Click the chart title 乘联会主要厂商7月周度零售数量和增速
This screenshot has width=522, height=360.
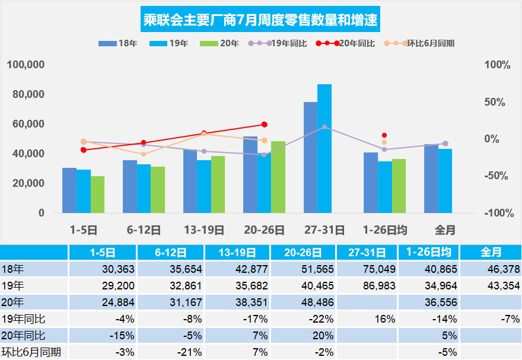pyautogui.click(x=261, y=21)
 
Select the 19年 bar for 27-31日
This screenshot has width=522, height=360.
pyautogui.click(x=324, y=148)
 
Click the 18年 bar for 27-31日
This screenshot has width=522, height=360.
pyautogui.click(x=310, y=157)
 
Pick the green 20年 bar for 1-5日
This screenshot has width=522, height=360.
pyautogui.click(x=97, y=195)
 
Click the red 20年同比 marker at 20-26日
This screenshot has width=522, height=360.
pyautogui.click(x=264, y=125)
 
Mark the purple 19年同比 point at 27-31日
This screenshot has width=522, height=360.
pyautogui.click(x=324, y=127)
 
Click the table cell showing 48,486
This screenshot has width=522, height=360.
pyautogui.click(x=307, y=302)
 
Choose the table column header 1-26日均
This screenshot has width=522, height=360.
pyautogui.click(x=427, y=252)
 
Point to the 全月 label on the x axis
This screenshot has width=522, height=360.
pyautogui.click(x=445, y=230)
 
